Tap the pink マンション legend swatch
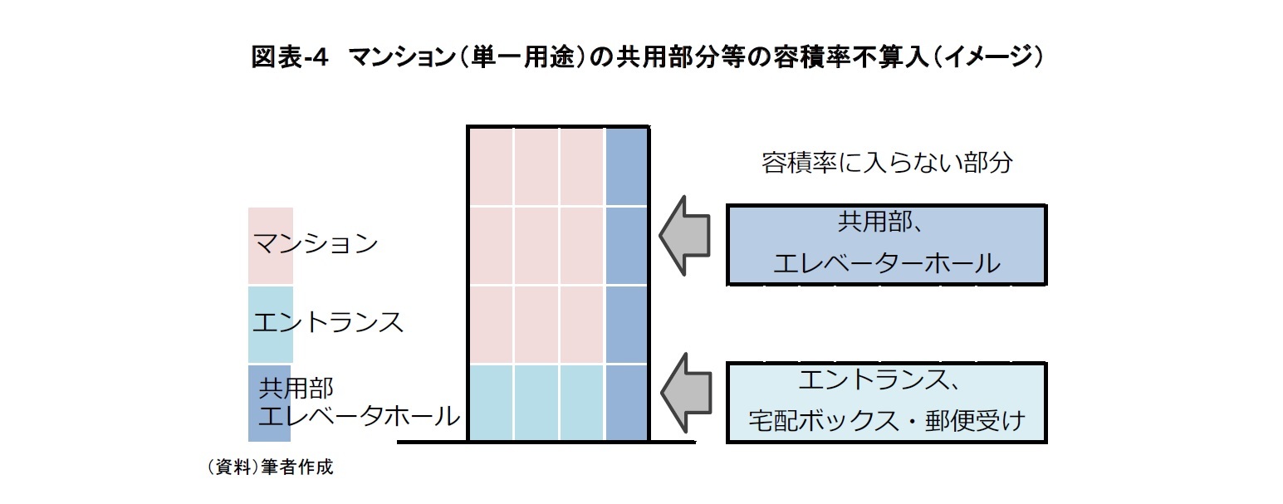(x=271, y=245)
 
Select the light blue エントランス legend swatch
(x=271, y=325)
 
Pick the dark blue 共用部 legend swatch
(x=269, y=403)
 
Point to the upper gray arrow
(x=686, y=235)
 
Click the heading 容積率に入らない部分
(x=886, y=162)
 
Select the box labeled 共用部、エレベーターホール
(x=886, y=245)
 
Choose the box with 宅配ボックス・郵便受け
(x=886, y=403)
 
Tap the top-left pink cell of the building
(x=492, y=168)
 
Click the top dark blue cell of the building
(x=625, y=168)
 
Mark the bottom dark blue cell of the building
(x=625, y=402)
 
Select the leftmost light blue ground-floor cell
(x=492, y=402)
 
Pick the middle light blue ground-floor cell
(x=536, y=402)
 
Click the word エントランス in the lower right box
(x=872, y=381)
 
